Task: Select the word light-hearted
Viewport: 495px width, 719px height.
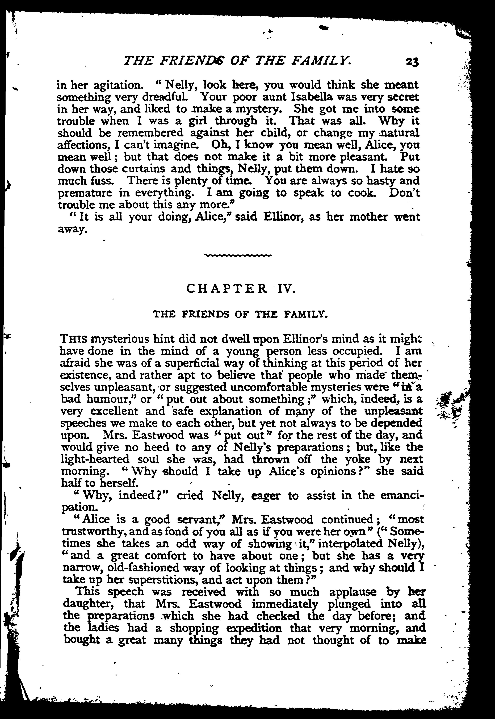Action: [x=95, y=459]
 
